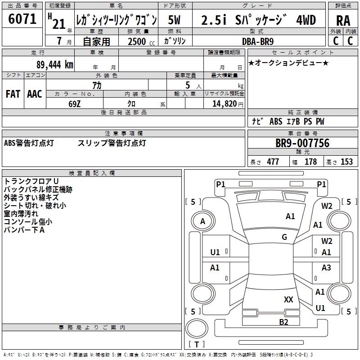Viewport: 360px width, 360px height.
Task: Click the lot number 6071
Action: (22, 19)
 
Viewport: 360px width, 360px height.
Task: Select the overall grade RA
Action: (343, 21)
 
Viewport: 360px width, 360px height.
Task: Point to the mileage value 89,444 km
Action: (54, 65)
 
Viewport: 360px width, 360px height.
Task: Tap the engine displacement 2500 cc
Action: (138, 41)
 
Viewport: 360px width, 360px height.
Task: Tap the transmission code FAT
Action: (13, 94)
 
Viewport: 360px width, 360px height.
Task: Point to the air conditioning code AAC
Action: (35, 94)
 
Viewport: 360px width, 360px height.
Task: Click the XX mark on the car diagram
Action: (288, 299)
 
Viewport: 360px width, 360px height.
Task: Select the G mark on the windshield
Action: (284, 237)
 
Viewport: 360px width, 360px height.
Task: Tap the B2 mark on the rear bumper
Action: (283, 322)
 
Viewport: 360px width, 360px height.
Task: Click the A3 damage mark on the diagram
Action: (326, 268)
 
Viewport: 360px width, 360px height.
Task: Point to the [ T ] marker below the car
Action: (197, 345)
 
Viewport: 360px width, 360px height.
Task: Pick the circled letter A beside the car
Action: (203, 221)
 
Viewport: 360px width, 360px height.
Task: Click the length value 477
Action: (273, 162)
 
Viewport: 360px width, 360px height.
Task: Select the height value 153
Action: (346, 162)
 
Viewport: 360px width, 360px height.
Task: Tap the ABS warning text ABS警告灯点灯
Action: (29, 143)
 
